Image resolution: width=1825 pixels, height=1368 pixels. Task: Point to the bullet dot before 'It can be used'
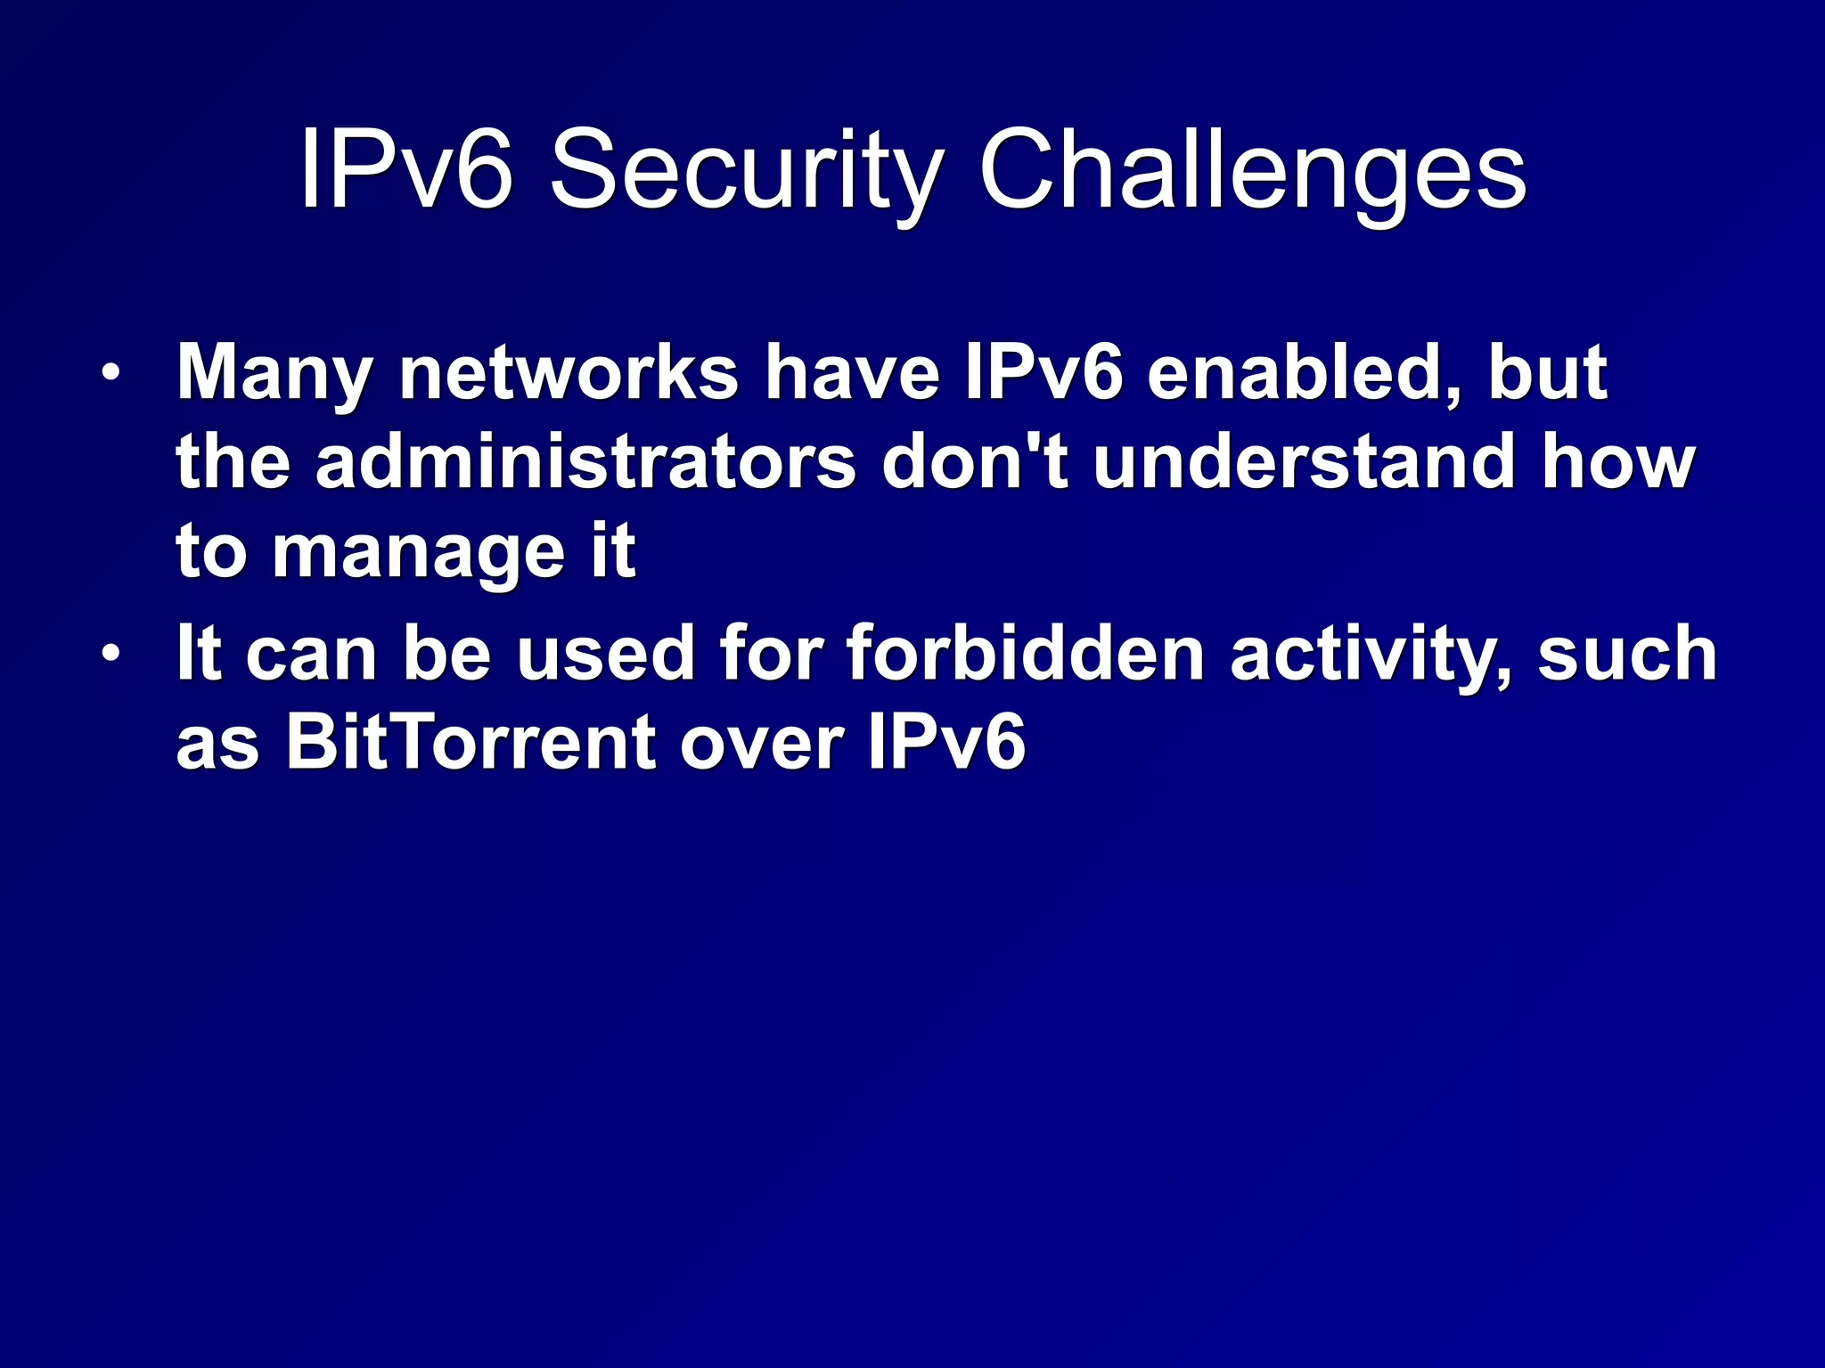tap(110, 654)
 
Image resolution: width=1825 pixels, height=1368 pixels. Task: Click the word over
tap(762, 744)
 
